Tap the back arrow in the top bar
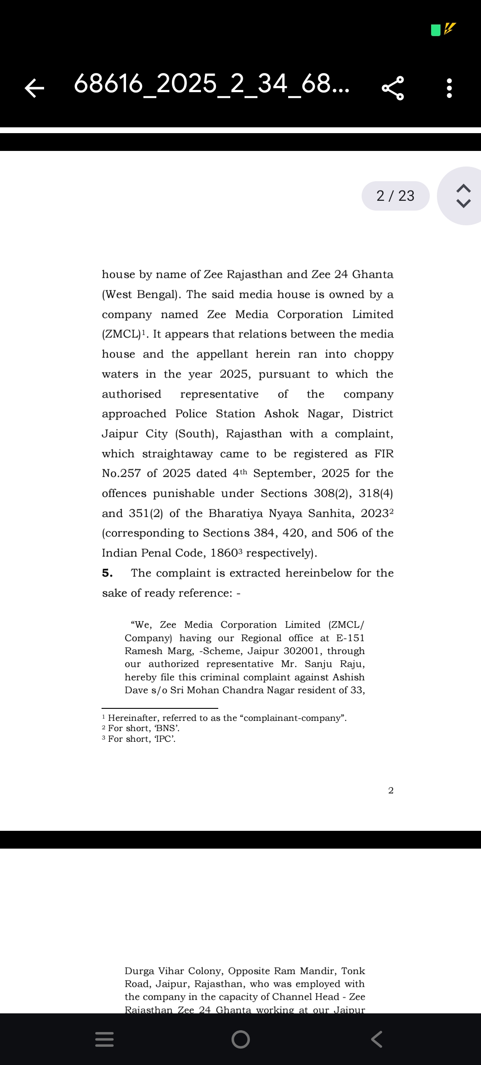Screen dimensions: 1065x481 pyautogui.click(x=34, y=88)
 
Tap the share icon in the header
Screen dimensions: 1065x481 pyautogui.click(x=393, y=88)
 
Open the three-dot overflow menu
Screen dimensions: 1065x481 pyautogui.click(x=449, y=88)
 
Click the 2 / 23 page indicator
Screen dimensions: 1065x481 pyautogui.click(x=395, y=196)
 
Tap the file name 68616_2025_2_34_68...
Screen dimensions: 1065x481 pyautogui.click(x=212, y=84)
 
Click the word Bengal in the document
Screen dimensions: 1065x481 pyautogui.click(x=157, y=295)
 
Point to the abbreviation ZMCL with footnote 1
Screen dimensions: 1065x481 pyautogui.click(x=121, y=334)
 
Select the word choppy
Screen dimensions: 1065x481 pyautogui.click(x=373, y=354)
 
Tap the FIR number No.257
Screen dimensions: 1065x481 pyautogui.click(x=121, y=473)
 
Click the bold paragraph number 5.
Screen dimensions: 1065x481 pyautogui.click(x=107, y=573)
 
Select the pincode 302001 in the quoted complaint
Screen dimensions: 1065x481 pyautogui.click(x=302, y=651)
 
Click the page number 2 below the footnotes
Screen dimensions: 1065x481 pyautogui.click(x=391, y=790)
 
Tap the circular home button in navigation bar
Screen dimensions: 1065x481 pyautogui.click(x=240, y=1039)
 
